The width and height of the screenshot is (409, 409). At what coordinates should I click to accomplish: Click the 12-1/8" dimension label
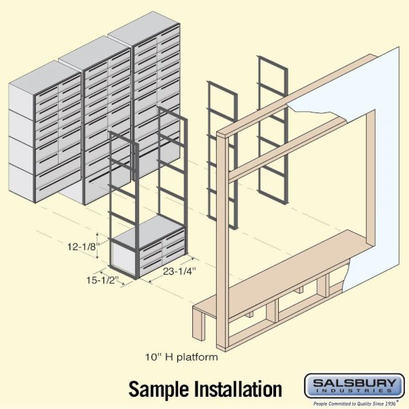[x=84, y=247]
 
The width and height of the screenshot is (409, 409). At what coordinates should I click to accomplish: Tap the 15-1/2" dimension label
[x=103, y=280]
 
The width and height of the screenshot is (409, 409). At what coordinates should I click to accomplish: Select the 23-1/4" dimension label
[x=179, y=271]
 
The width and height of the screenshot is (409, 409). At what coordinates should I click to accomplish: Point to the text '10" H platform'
[x=181, y=357]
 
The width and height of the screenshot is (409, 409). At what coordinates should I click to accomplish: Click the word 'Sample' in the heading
[x=160, y=389]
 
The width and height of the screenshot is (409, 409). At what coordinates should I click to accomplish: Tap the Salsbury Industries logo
[x=354, y=386]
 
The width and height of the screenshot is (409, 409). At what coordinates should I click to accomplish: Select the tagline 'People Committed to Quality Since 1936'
[x=354, y=404]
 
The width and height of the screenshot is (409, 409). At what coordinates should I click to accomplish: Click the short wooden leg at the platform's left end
[x=199, y=323]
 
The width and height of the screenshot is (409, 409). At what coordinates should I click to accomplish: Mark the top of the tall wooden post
[x=223, y=134]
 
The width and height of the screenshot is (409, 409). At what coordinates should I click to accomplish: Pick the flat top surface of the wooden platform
[x=282, y=269]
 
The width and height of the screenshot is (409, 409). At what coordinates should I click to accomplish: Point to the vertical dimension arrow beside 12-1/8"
[x=97, y=246]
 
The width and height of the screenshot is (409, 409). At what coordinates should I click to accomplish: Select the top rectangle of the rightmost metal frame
[x=273, y=76]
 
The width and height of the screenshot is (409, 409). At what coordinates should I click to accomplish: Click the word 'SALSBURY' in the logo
[x=354, y=383]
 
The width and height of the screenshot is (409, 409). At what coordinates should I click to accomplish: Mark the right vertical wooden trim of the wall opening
[x=370, y=180]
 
